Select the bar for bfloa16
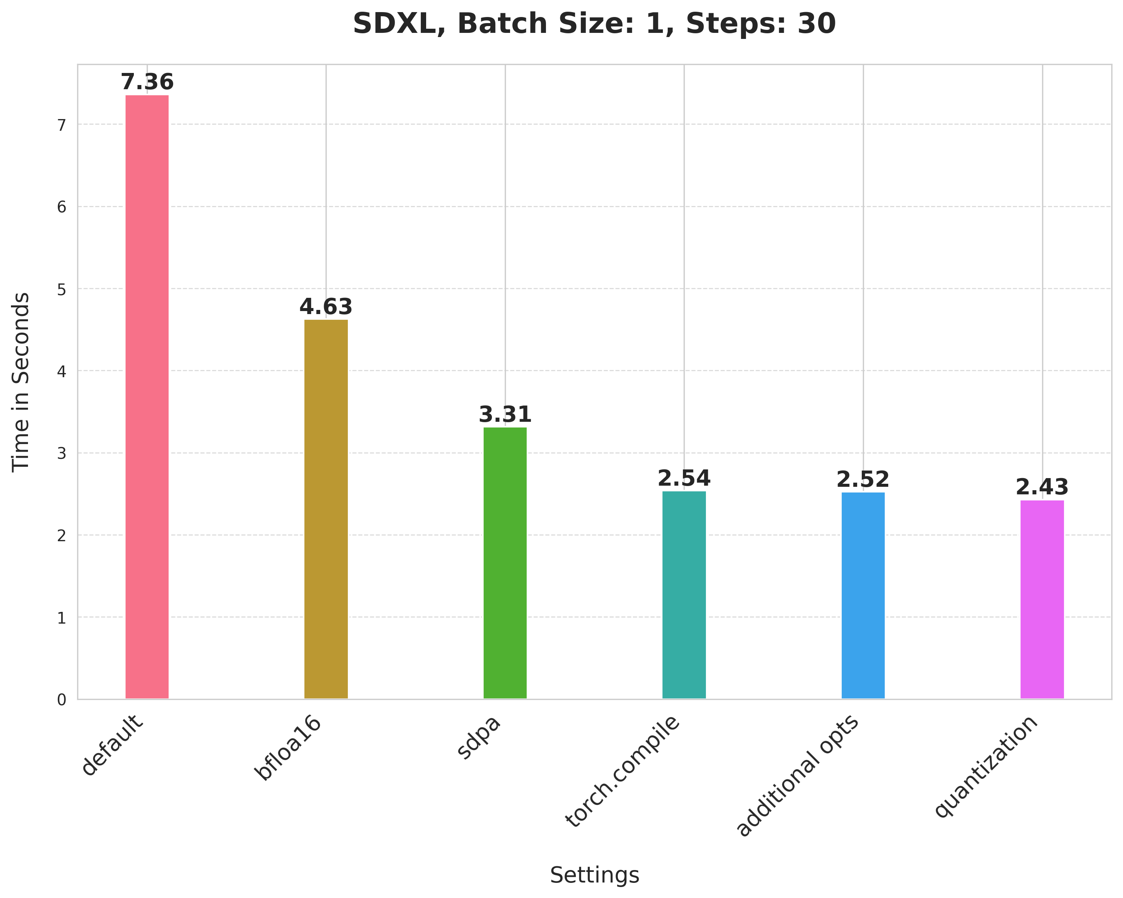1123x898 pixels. pos(326,509)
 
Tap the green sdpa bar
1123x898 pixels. pos(505,563)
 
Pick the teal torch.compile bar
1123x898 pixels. pos(684,595)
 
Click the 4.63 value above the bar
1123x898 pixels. pos(326,307)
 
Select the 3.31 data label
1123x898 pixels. pos(505,415)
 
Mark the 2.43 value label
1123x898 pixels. pos(1042,488)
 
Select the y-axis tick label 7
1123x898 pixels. pos(62,125)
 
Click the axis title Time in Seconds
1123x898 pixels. pos(21,382)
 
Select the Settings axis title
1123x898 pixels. pos(594,875)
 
